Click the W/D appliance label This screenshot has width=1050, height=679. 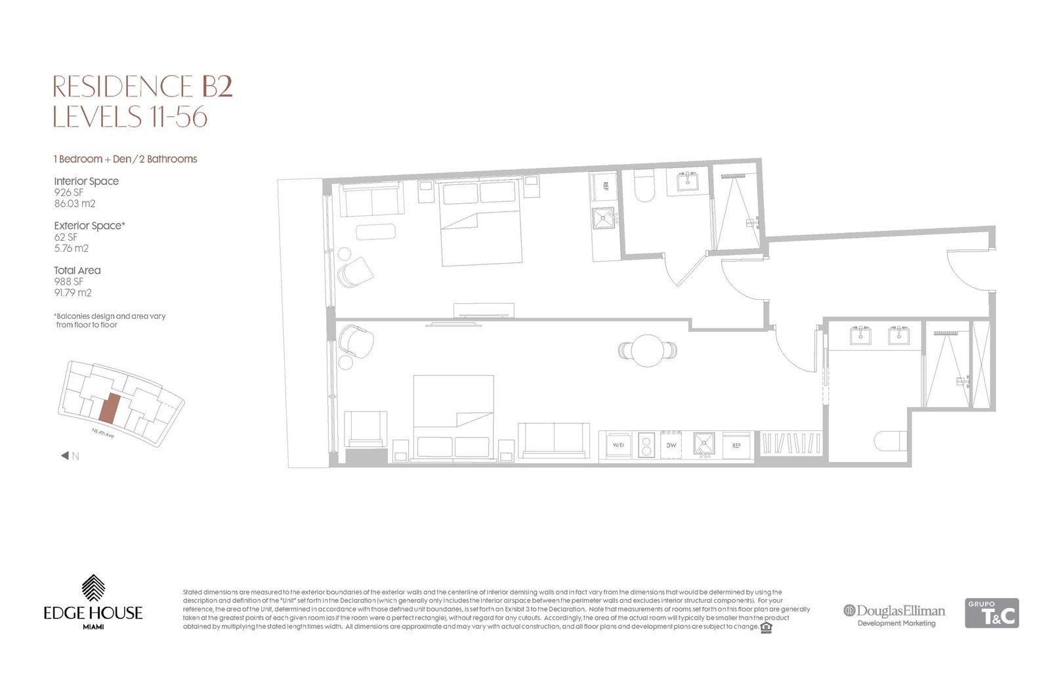(618, 445)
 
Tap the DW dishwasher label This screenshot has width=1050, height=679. (671, 445)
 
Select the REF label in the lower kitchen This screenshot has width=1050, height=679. (736, 445)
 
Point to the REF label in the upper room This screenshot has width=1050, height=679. (605, 186)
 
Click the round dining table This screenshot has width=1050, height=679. (647, 350)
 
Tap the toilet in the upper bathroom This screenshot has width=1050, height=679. (644, 186)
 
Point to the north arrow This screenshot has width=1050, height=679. (65, 455)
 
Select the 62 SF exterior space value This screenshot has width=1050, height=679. (66, 237)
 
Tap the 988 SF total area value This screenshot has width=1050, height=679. (68, 281)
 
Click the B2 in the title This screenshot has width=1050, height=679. (217, 86)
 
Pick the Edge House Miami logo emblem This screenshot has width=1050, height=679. (93, 588)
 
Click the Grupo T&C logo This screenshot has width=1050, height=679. (992, 613)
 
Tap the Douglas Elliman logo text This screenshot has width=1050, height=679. (900, 611)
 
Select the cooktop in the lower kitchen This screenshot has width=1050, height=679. (646, 445)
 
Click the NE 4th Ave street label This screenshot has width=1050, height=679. (102, 434)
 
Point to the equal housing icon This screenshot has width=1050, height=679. (766, 627)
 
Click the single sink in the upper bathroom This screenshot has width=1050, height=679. (688, 181)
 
